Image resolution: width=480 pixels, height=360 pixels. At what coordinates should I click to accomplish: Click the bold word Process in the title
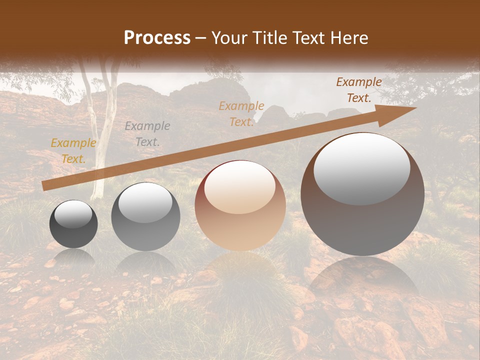[x=157, y=37]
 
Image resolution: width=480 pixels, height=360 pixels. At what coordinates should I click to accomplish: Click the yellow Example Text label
[x=73, y=151]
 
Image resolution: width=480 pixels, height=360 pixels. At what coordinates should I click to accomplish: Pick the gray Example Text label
[x=147, y=134]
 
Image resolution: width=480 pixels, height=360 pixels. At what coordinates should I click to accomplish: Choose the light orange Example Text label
[x=241, y=114]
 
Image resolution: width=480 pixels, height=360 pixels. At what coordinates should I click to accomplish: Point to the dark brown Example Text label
[x=359, y=90]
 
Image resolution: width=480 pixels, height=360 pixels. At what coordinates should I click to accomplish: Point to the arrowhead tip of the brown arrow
[x=415, y=107]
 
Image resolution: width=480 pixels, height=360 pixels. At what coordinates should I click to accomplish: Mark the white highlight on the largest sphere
[x=362, y=169]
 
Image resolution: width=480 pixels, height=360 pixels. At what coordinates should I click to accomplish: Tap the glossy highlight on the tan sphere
[x=239, y=187]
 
